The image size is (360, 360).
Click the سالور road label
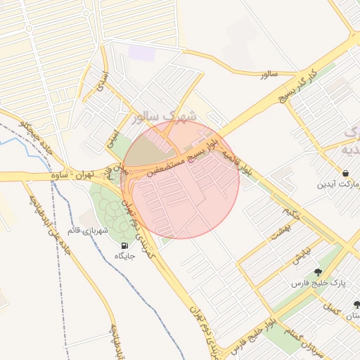pos(269,74)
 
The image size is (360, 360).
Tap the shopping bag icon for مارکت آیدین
pos(346,173)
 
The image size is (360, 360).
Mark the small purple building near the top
pos(141,53)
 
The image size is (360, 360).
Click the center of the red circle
pos(181,179)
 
